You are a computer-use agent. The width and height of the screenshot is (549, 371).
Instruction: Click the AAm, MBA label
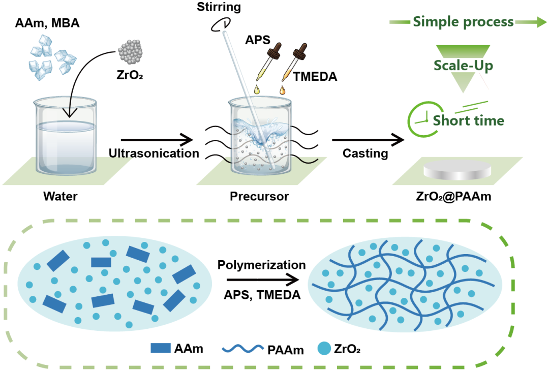point(47,23)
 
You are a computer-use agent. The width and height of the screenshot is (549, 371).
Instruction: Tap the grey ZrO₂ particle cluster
point(130,52)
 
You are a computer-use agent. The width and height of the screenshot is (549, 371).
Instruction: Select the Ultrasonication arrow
point(157,140)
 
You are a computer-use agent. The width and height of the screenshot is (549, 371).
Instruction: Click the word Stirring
point(219,7)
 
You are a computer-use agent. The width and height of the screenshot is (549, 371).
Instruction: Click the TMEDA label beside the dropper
point(315,76)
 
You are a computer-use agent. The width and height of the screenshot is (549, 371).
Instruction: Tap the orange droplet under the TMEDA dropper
point(282,90)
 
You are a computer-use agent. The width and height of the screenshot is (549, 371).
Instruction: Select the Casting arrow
point(368,140)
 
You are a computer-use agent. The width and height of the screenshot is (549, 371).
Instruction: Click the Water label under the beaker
point(60,196)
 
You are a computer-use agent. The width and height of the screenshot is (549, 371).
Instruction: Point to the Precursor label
point(259,196)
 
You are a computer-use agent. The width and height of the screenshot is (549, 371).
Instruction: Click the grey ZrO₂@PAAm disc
point(457,171)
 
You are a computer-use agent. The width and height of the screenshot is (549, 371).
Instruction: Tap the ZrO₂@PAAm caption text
point(453,196)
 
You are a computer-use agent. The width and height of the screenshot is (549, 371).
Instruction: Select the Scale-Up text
point(463,66)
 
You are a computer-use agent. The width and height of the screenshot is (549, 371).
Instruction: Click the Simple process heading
point(463,22)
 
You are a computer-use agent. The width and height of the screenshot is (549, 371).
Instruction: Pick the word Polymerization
point(262,265)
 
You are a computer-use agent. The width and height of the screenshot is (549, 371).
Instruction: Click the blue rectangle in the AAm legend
point(161,348)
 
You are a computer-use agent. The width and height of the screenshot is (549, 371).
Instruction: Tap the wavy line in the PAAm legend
point(242,348)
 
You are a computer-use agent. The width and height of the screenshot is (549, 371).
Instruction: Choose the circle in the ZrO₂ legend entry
point(324,348)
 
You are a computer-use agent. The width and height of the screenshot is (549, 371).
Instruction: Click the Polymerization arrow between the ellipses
point(263,280)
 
